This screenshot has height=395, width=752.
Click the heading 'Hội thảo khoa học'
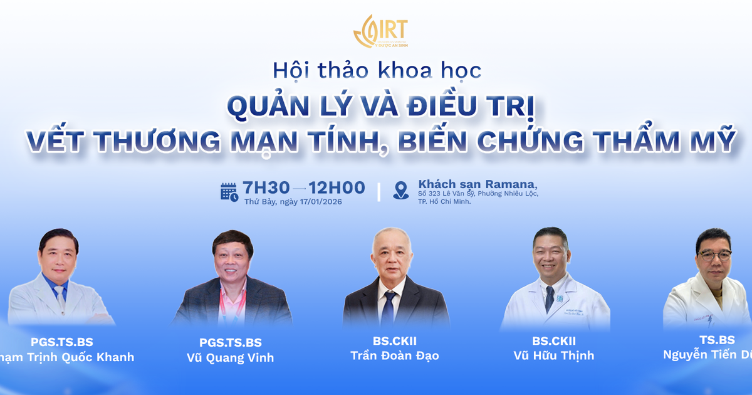(377, 70)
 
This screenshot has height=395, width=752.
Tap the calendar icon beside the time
(229, 192)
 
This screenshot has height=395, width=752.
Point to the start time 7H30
(266, 187)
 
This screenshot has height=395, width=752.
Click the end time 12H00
(337, 187)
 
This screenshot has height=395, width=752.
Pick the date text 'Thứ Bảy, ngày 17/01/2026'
(293, 201)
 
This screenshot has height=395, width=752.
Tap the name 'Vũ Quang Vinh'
(231, 358)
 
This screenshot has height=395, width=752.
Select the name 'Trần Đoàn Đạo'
(395, 355)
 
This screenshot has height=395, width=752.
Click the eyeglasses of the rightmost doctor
(715, 255)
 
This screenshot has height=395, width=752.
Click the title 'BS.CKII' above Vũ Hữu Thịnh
(554, 341)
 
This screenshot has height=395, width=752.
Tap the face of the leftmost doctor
(59, 258)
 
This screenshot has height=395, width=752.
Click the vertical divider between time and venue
(379, 192)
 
